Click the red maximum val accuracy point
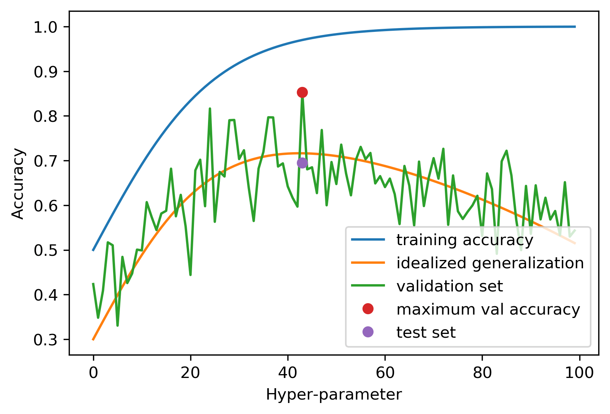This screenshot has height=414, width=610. pyautogui.click(x=302, y=92)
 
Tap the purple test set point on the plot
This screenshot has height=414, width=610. pyautogui.click(x=302, y=163)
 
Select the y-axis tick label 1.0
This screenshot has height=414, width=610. pyautogui.click(x=46, y=27)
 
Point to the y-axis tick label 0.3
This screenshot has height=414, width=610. pyautogui.click(x=46, y=340)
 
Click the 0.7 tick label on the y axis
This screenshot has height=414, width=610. pyautogui.click(x=46, y=161)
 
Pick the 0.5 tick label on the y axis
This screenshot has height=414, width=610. pyautogui.click(x=46, y=251)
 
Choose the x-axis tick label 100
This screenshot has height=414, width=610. pyautogui.click(x=580, y=373)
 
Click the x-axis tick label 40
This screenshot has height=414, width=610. pyautogui.click(x=288, y=373)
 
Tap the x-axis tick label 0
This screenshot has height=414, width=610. pyautogui.click(x=93, y=373)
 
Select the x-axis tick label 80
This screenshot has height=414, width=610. pyautogui.click(x=482, y=373)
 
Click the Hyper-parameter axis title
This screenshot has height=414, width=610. pyautogui.click(x=334, y=395)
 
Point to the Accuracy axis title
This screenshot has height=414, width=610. pyautogui.click(x=18, y=184)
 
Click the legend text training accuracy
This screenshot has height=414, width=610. pyautogui.click(x=465, y=240)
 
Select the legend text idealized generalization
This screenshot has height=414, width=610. pyautogui.click(x=490, y=263)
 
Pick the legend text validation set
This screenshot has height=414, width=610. pyautogui.click(x=449, y=286)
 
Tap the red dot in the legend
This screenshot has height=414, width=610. pyautogui.click(x=368, y=309)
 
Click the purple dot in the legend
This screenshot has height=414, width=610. pyautogui.click(x=368, y=332)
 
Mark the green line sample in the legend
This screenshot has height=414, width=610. pyautogui.click(x=368, y=286)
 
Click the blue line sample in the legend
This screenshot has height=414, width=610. pyautogui.click(x=368, y=239)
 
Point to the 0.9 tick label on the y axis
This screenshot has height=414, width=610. pyautogui.click(x=46, y=72)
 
